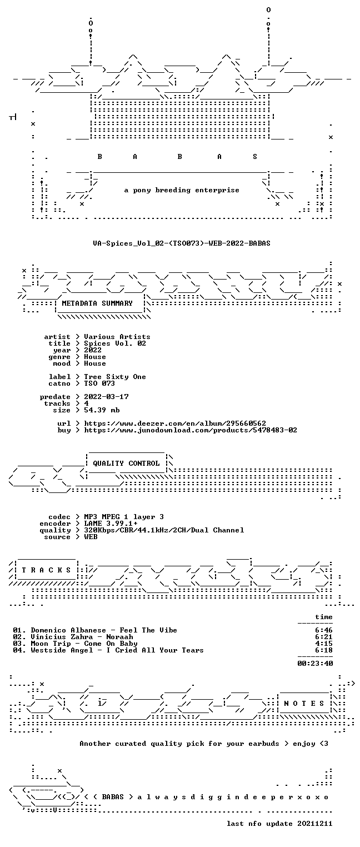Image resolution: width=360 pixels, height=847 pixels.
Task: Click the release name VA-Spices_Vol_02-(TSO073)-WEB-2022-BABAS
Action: [182, 243]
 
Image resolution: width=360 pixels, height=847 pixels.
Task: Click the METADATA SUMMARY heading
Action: [97, 303]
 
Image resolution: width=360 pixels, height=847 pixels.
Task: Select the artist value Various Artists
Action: [117, 337]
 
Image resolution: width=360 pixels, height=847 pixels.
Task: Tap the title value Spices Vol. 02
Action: [115, 343]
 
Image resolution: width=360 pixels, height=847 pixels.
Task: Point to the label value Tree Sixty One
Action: [115, 377]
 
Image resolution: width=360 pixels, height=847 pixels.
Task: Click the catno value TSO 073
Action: [99, 383]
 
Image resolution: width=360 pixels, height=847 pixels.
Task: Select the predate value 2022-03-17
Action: [106, 397]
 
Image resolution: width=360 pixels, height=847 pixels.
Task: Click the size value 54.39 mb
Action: [102, 410]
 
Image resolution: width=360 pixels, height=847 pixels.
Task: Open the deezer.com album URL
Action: [175, 423]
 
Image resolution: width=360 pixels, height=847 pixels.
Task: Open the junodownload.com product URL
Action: [191, 430]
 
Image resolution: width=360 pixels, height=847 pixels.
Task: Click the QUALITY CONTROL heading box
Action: [126, 463]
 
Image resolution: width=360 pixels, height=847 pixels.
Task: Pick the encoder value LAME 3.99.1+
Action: [111, 524]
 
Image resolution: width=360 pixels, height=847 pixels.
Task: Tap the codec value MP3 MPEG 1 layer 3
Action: [124, 517]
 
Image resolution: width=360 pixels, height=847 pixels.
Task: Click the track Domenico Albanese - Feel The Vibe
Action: [104, 630]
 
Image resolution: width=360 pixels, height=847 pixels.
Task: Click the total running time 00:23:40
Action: [315, 664]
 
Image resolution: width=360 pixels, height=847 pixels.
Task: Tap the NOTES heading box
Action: [304, 703]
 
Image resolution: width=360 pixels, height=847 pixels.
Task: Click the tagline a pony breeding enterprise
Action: [182, 190]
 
